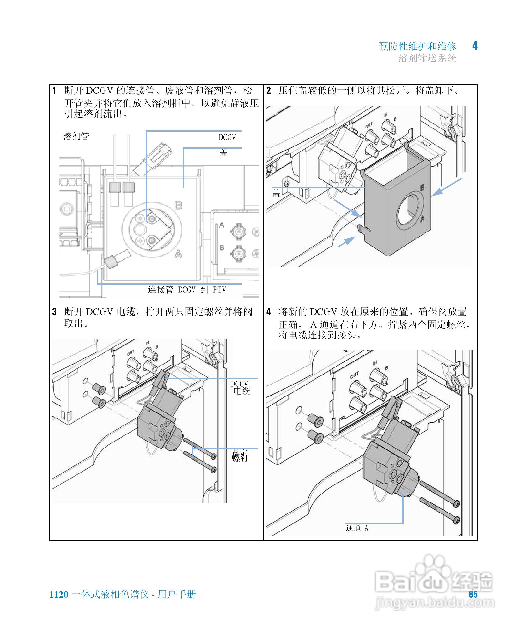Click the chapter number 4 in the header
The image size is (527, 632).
tap(475, 46)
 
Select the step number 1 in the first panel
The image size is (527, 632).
tap(54, 90)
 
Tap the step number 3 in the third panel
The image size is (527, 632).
tap(54, 312)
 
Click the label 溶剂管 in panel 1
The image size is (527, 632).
tap(76, 137)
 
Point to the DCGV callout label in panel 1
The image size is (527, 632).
tap(227, 138)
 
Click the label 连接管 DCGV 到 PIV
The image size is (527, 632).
tap(187, 289)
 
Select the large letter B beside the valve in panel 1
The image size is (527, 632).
tap(178, 206)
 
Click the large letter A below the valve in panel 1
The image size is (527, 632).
tap(178, 255)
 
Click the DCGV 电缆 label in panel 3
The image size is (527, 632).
tap(240, 388)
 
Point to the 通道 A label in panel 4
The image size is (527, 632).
tap(357, 528)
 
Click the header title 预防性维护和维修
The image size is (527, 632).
tap(417, 46)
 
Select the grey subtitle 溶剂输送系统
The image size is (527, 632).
tap(427, 58)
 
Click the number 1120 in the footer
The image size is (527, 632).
tap(59, 594)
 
